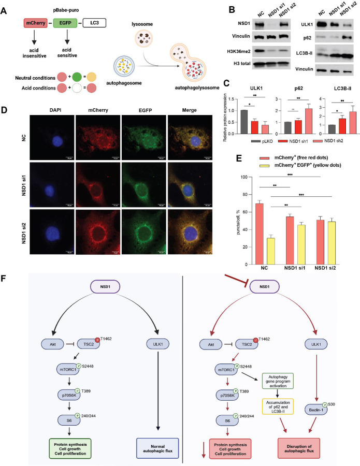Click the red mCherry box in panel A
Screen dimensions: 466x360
[38, 24]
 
